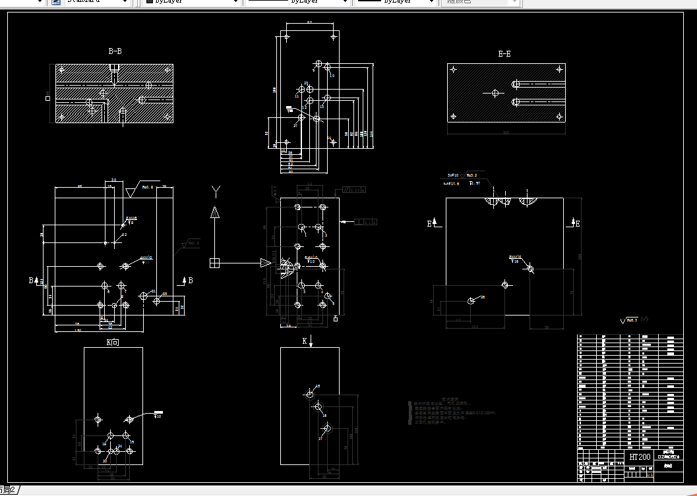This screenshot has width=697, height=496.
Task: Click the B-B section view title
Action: click(115, 51)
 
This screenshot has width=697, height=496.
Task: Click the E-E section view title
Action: click(504, 54)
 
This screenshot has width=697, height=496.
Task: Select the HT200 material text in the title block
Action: click(639, 456)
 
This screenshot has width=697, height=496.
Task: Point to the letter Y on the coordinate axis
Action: click(215, 192)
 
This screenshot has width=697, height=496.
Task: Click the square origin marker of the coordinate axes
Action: click(214, 263)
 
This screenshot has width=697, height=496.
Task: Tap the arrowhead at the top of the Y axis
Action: click(214, 212)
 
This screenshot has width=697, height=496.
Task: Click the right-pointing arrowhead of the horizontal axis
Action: click(266, 263)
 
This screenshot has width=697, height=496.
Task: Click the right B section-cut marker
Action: click(190, 281)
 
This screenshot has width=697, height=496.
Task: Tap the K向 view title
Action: click(113, 343)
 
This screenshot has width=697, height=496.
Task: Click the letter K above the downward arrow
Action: click(305, 341)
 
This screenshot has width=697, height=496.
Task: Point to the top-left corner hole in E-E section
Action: click(453, 69)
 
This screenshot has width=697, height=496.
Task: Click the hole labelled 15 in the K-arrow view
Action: click(310, 394)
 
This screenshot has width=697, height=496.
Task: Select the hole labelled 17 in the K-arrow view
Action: click(326, 428)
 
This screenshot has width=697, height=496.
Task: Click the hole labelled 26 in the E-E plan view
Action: click(471, 300)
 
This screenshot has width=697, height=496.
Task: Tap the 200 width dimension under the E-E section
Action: click(506, 132)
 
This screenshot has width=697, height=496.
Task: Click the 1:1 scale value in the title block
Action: click(650, 474)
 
